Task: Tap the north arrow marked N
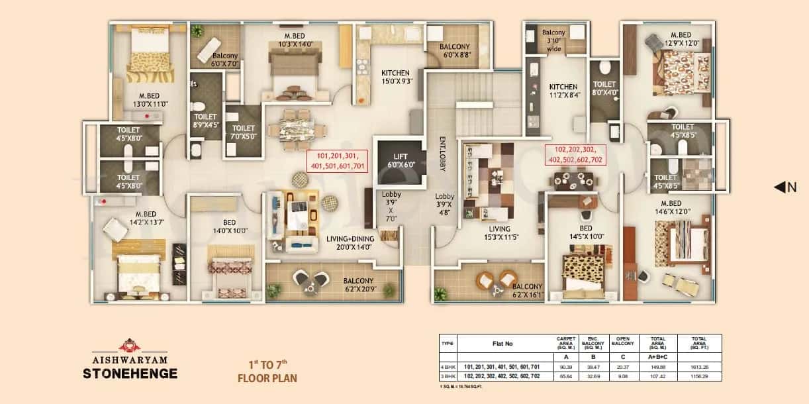point(785,187)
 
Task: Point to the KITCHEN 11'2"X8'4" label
point(563,91)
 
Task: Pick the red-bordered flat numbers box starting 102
point(575,155)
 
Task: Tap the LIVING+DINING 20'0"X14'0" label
point(350,242)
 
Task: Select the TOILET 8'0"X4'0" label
point(604,89)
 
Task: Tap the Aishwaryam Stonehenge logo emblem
point(126,345)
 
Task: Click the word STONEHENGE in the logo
point(130,373)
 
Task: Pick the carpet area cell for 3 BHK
point(565,376)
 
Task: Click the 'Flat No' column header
point(503,344)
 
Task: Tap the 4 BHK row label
point(448,366)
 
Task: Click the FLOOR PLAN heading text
point(267,379)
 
